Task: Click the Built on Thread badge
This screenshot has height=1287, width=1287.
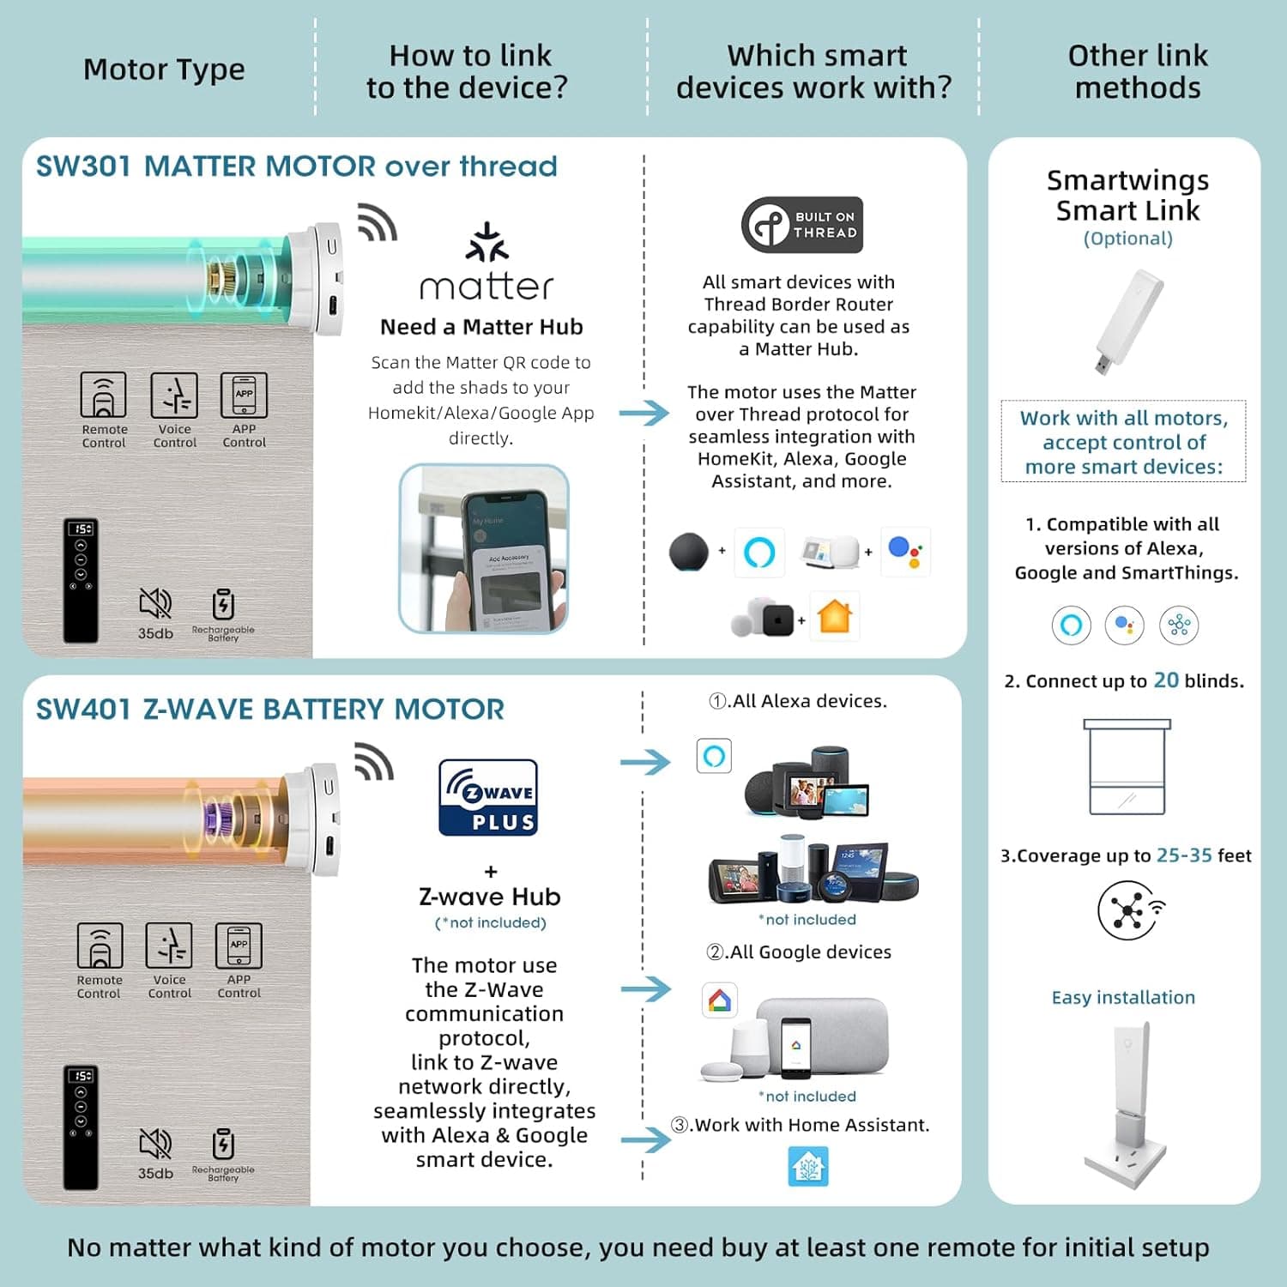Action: tap(802, 225)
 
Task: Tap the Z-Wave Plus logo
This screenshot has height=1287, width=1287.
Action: tap(488, 797)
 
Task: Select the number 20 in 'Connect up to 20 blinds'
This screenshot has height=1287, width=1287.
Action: tap(1166, 680)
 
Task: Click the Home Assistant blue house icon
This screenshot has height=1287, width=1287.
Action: tap(807, 1166)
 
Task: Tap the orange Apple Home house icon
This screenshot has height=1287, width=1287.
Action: tap(834, 615)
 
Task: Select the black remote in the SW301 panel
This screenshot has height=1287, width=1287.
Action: tap(82, 580)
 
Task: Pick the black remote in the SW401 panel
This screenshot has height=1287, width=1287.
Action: tap(82, 1127)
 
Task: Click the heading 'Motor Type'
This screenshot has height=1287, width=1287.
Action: tap(164, 69)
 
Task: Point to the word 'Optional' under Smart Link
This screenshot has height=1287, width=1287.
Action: tap(1127, 239)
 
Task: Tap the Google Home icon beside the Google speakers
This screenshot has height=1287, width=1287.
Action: tap(719, 1000)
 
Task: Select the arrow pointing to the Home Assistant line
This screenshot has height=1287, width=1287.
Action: tap(646, 1139)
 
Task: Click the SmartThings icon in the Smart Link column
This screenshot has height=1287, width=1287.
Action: tap(1178, 625)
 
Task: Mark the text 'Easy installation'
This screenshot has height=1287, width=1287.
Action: tap(1123, 997)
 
